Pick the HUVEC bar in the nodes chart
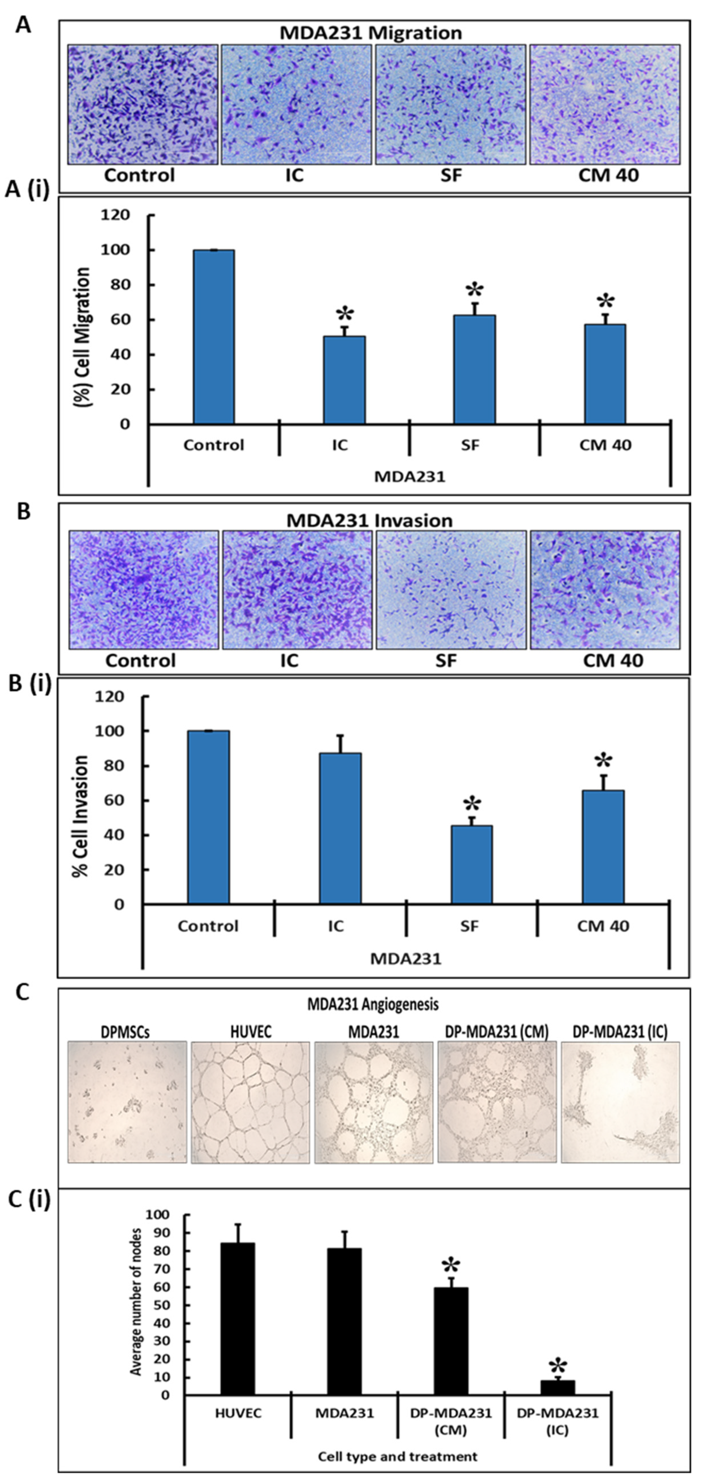pyautogui.click(x=237, y=1319)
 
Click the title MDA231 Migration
pyautogui.click(x=370, y=33)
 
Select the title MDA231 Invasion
pyautogui.click(x=369, y=520)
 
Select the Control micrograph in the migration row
pyautogui.click(x=143, y=104)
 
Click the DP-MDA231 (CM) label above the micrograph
pyautogui.click(x=497, y=1032)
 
